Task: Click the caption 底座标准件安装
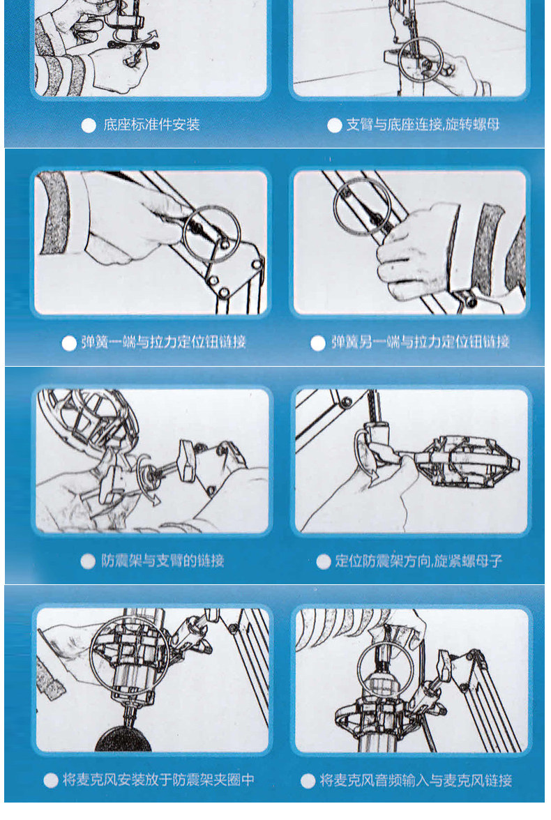tap(151, 124)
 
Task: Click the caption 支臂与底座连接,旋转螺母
tap(423, 124)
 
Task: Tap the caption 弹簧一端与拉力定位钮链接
tap(163, 342)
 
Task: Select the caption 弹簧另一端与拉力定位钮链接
tap(420, 342)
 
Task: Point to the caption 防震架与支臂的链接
tap(163, 561)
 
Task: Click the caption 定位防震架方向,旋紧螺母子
tap(418, 561)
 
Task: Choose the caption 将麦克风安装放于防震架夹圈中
tap(158, 780)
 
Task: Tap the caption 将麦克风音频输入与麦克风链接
tap(416, 780)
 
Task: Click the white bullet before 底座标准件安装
tap(89, 126)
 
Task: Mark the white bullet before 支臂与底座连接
tap(334, 126)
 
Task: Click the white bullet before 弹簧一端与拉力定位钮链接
tap(69, 343)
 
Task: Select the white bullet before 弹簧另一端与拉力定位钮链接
tap(317, 343)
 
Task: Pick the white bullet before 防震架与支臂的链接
tap(88, 561)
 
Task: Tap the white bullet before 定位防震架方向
tap(324, 561)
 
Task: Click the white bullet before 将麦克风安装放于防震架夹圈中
tap(51, 780)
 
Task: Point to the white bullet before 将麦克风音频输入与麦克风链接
tap(308, 781)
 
